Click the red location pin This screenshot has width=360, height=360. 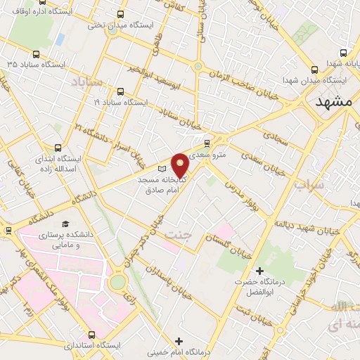[181, 164]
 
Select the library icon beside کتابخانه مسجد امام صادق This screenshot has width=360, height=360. [162, 169]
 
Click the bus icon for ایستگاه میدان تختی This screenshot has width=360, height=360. [121, 14]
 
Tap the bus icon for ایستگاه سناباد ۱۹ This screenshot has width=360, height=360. [121, 91]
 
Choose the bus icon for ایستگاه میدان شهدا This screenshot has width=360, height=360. [315, 70]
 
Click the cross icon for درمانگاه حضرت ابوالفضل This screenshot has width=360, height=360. [259, 271]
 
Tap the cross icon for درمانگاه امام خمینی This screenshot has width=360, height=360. [179, 341]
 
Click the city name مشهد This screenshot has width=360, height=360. [333, 102]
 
